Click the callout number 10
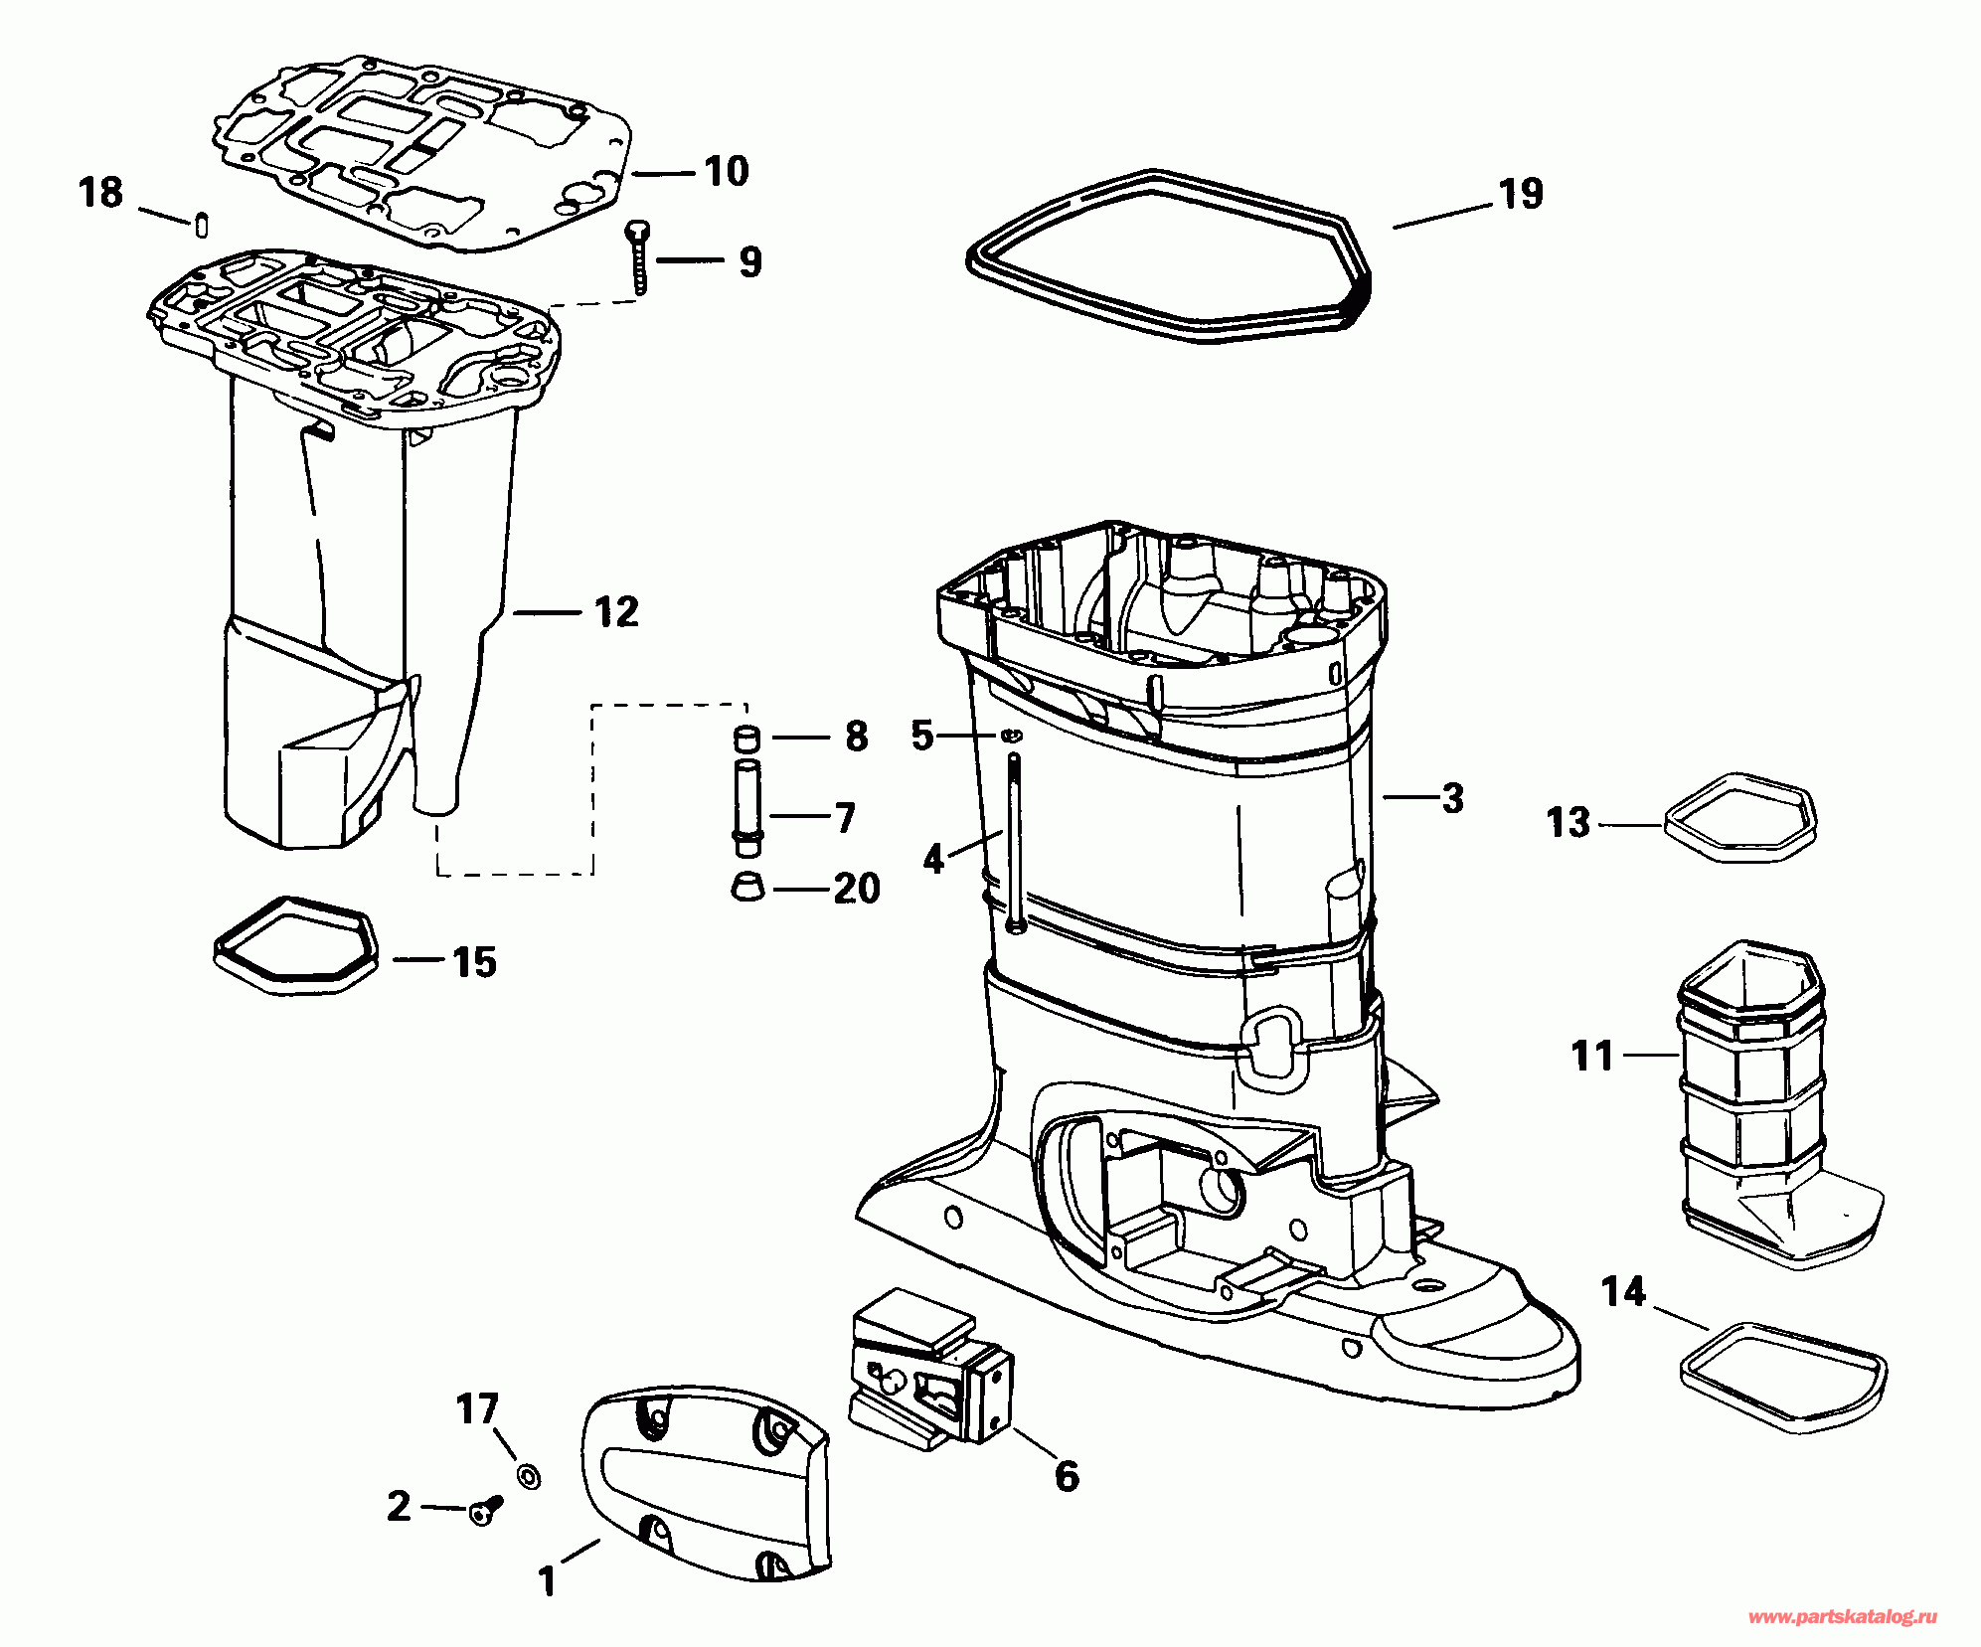pos(726,171)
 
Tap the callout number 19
pos(1521,194)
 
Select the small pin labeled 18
pos(200,225)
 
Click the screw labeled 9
pos(636,256)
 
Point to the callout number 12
pos(616,611)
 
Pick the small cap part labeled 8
pos(746,739)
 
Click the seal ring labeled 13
pos(1739,817)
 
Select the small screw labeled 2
pos(485,1512)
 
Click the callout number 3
pos(1452,797)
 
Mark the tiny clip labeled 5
pos(1011,736)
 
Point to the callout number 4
pos(932,858)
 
